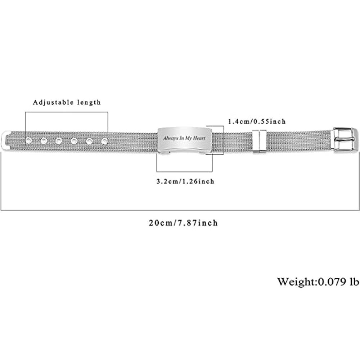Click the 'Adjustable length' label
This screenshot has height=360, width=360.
(x=67, y=102)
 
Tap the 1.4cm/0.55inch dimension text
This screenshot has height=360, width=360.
(x=257, y=121)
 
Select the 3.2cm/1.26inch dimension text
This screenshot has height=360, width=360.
(x=185, y=181)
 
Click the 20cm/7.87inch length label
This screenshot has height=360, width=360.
(x=183, y=223)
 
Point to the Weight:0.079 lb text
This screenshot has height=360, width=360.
(x=318, y=282)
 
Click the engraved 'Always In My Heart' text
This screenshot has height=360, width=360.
(x=184, y=138)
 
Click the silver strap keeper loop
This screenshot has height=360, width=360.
(x=260, y=141)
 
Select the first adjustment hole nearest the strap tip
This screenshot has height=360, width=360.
(x=29, y=140)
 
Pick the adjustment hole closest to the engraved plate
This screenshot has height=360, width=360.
(x=104, y=141)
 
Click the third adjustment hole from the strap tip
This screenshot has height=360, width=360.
(x=59, y=141)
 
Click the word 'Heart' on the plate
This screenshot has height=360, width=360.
(x=199, y=138)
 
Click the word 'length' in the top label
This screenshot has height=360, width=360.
(x=89, y=102)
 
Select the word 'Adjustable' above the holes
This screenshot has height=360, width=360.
(x=53, y=102)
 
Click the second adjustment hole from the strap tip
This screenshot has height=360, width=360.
(x=44, y=141)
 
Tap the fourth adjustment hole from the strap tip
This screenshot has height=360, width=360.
(x=74, y=141)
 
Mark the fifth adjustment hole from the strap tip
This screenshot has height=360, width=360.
(x=89, y=141)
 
